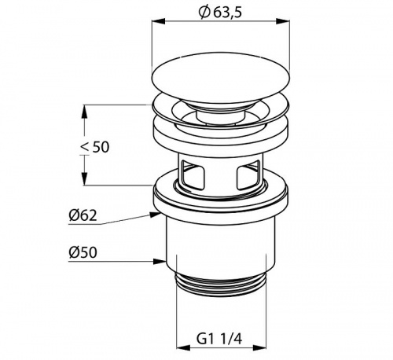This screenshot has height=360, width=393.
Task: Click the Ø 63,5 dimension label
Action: click(x=220, y=13)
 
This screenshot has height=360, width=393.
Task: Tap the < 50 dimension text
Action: click(x=95, y=147)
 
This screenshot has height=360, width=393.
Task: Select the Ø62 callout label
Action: click(x=83, y=215)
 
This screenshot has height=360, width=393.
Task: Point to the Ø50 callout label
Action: click(x=83, y=252)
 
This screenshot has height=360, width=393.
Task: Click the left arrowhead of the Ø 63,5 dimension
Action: click(x=159, y=21)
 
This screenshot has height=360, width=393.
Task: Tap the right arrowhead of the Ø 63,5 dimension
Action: click(x=283, y=21)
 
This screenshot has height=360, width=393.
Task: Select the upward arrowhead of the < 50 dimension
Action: click(x=84, y=112)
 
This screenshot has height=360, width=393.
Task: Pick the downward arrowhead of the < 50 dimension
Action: click(x=84, y=178)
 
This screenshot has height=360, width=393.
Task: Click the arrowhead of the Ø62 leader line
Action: click(x=155, y=215)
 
